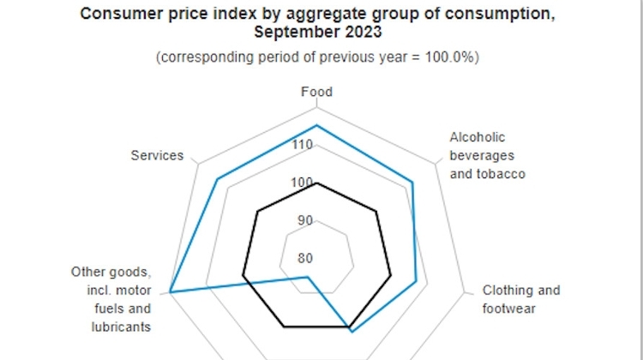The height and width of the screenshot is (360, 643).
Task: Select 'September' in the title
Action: pos(291,32)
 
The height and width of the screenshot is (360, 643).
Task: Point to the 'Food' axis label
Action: pos(317,92)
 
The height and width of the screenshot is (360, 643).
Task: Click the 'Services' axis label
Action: pos(157,155)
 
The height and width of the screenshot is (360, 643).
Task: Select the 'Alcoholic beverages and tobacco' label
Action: pos(487,155)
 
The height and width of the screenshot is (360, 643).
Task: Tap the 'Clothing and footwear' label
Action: pos(520,299)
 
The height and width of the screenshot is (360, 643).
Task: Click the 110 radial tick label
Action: pos(302,145)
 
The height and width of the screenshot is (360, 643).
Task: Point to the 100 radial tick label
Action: pos(302,183)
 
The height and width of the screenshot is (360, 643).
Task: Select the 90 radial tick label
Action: pos(305,220)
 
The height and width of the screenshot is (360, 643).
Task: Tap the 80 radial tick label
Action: pos(305,258)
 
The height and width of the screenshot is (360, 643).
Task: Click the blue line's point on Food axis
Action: pos(317,126)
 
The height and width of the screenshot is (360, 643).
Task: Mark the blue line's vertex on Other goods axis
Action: pos(171,293)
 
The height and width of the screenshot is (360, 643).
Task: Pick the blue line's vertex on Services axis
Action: pos(217,179)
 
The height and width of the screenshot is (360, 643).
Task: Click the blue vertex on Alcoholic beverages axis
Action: pos(412,182)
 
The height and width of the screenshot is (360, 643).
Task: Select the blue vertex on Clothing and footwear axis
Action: pos(417,281)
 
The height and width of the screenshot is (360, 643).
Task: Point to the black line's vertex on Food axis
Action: pos(317,183)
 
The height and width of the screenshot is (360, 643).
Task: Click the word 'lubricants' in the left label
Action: pos(121,327)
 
